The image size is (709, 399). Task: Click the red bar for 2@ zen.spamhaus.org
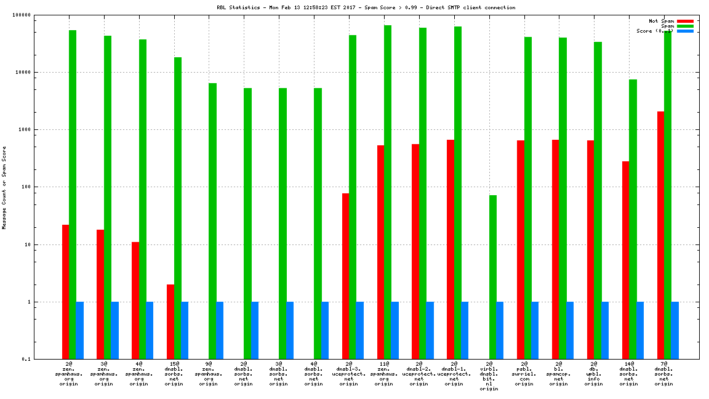65,292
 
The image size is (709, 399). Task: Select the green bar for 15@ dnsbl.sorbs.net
177,208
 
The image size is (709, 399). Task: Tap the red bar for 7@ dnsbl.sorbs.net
660,235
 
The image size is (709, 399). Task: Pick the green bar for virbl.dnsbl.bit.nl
492,277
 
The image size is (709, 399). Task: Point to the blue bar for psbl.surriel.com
535,330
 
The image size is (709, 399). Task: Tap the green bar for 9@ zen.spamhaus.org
212,221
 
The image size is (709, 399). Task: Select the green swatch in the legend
685,26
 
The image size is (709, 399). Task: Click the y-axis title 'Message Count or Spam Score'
4,187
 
